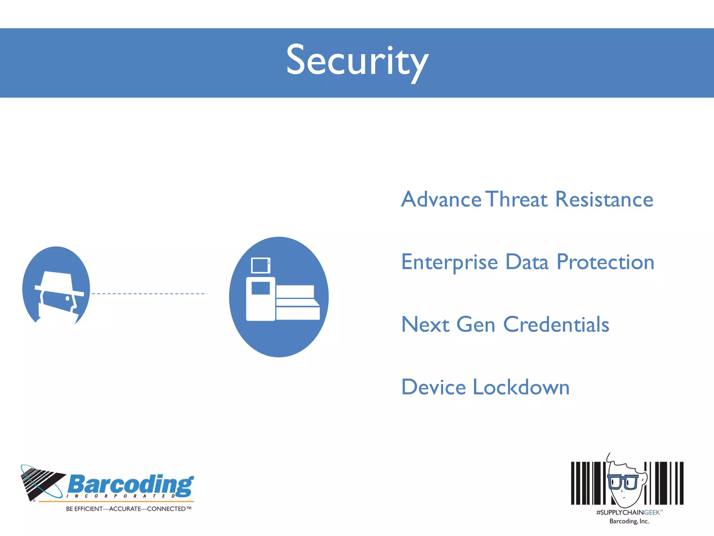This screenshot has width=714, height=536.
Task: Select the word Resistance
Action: coord(604,199)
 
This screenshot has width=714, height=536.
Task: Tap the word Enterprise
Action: coord(449,262)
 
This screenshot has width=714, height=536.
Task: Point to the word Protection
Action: coord(605,262)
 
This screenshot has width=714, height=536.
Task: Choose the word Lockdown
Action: coord(521,387)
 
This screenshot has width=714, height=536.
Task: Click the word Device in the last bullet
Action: coord(433,387)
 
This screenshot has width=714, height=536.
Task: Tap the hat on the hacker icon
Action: coord(58,283)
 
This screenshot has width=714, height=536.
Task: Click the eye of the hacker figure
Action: coord(67,299)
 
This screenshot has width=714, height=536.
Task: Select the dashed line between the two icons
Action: coord(149,294)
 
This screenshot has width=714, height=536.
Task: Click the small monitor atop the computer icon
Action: coord(260,266)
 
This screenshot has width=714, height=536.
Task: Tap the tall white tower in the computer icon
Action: coord(260,299)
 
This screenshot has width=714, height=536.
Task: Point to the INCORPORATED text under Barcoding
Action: coord(121,496)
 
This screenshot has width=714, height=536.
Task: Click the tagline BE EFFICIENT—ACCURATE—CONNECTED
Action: coord(128,509)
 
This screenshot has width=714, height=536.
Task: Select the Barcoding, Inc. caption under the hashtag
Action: coord(629,521)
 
